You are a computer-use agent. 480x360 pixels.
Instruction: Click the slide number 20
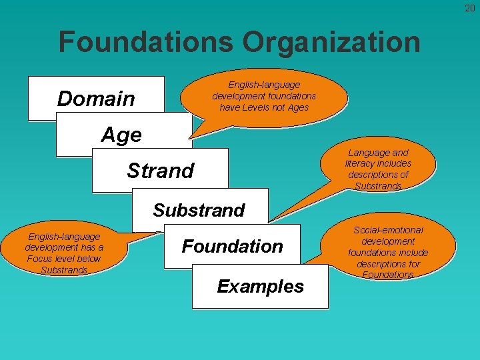tap(470, 7)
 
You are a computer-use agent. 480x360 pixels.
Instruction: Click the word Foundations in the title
tap(146, 42)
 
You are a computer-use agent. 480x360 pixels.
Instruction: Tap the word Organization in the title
tap(331, 42)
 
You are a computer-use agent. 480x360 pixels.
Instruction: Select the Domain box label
tap(96, 99)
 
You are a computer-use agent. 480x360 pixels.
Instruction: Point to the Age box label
tap(121, 135)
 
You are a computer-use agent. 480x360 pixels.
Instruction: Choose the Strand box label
tap(160, 171)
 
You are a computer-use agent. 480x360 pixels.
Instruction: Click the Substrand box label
tap(199, 210)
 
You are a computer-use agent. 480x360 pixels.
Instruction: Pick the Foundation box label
tap(233, 246)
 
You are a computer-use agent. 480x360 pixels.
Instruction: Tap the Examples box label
tap(260, 287)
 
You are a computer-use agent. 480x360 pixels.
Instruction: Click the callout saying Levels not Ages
tap(264, 96)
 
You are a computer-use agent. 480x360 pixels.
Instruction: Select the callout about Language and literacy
tap(378, 169)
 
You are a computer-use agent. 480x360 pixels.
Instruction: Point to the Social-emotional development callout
tap(387, 252)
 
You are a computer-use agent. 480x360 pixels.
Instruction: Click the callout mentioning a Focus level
tap(64, 253)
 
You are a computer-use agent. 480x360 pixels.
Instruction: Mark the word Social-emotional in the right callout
tap(388, 230)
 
